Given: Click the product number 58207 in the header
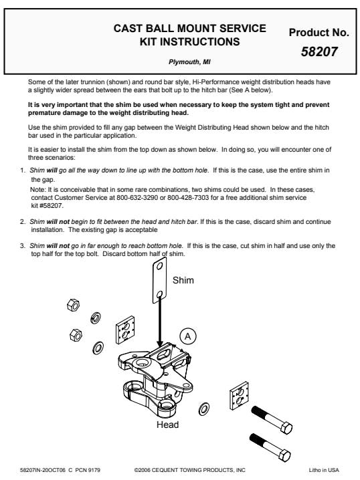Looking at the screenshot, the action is coord(319,51).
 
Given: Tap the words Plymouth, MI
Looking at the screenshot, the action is coord(189,62).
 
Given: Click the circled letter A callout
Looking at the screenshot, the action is coord(187,336).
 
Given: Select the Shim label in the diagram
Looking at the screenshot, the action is coord(183,280).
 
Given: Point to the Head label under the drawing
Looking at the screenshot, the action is coord(167,425).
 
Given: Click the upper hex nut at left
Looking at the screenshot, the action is coord(73,305).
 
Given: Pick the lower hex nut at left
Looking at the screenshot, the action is coord(76,334).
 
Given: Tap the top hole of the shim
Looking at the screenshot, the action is coord(159,265).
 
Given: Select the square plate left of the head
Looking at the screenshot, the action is coord(125,330).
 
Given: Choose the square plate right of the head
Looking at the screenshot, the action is coord(239,396).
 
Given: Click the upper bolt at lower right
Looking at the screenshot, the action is coord(272,419).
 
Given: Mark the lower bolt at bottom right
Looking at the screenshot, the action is coord(270,447).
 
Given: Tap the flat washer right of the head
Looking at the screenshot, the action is coord(204,409).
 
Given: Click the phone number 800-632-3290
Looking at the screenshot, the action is coord(137,197).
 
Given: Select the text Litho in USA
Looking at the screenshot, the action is coord(324,470).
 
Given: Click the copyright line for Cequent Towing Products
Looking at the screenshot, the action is coord(189,470).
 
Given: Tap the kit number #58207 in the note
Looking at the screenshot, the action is coord(51,205).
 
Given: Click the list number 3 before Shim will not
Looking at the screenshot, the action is coord(22,246).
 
